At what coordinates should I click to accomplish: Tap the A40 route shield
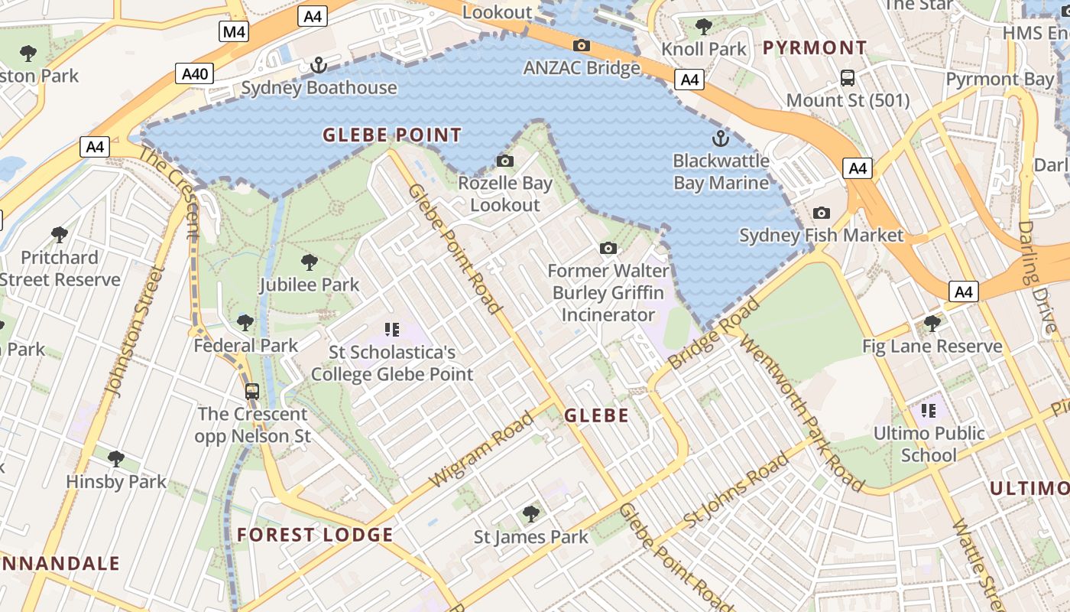point(195,73)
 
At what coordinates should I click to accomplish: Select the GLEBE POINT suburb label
point(392,135)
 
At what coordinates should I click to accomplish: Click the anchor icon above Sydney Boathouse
point(318,66)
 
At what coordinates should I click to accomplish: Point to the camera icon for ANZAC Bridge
point(581,46)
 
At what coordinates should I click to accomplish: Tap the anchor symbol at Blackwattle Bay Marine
point(720,138)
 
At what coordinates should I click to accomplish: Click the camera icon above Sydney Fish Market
point(822,213)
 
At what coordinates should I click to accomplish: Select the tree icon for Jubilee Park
point(310,262)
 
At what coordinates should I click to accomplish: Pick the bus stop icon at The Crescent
point(252,392)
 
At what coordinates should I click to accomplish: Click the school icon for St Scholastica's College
point(392,330)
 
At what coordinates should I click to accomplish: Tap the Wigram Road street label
point(481,449)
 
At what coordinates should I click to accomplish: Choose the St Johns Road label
point(735,490)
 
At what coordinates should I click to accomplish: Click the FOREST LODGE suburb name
point(315,535)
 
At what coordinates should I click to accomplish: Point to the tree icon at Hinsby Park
point(116,459)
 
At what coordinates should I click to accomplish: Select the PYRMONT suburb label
point(815,47)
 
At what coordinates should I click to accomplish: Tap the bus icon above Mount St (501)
point(848,77)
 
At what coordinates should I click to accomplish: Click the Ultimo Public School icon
point(929,411)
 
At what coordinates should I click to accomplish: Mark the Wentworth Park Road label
point(802,413)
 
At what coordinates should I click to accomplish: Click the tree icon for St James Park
point(531,514)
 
